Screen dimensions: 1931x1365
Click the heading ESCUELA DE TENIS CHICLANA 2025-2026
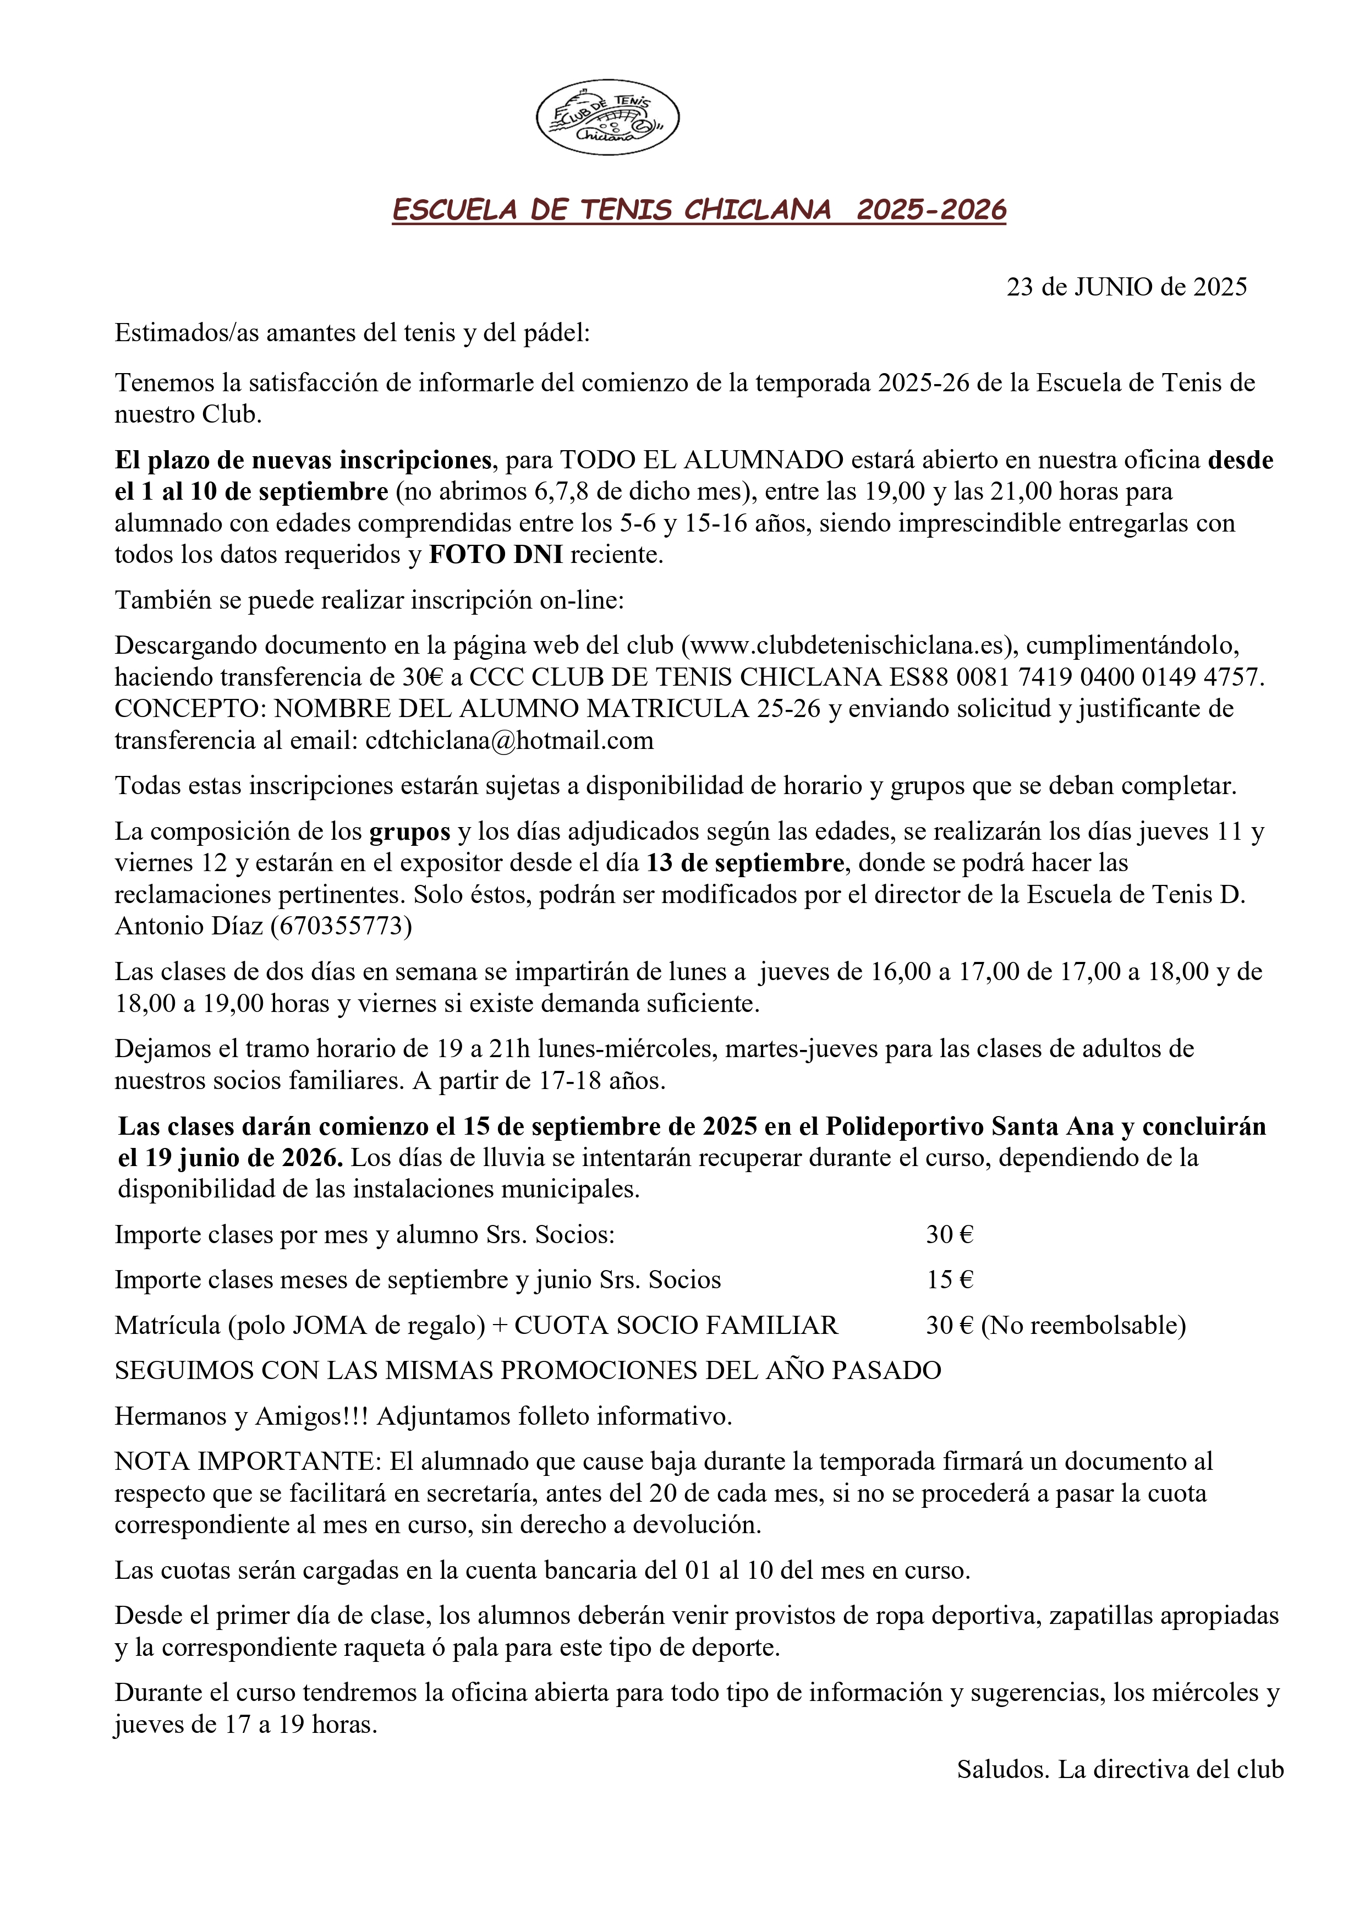[699, 210]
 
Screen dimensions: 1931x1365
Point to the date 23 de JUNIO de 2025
[1126, 288]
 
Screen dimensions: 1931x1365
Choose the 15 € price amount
[950, 1280]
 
